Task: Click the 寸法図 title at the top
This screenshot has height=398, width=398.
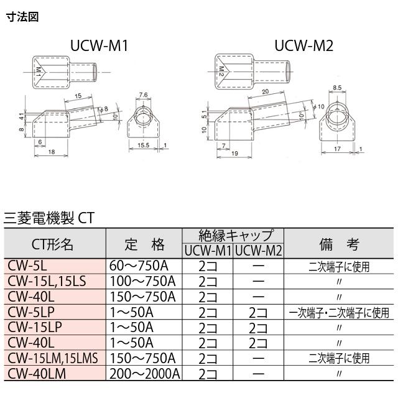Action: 22,17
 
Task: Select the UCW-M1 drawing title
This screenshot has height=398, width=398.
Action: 98,45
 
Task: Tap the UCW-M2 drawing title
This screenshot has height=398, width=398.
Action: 304,45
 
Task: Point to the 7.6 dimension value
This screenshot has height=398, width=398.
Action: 143,95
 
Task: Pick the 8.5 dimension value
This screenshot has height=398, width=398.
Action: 338,88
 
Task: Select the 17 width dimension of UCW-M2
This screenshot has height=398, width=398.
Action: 337,150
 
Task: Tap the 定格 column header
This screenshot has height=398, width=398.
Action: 143,244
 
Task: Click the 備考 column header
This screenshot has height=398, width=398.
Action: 339,244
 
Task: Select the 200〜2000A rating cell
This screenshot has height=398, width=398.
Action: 144,374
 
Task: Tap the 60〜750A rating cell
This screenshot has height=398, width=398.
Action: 138,266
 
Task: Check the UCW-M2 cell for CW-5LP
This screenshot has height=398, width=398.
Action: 259,312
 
